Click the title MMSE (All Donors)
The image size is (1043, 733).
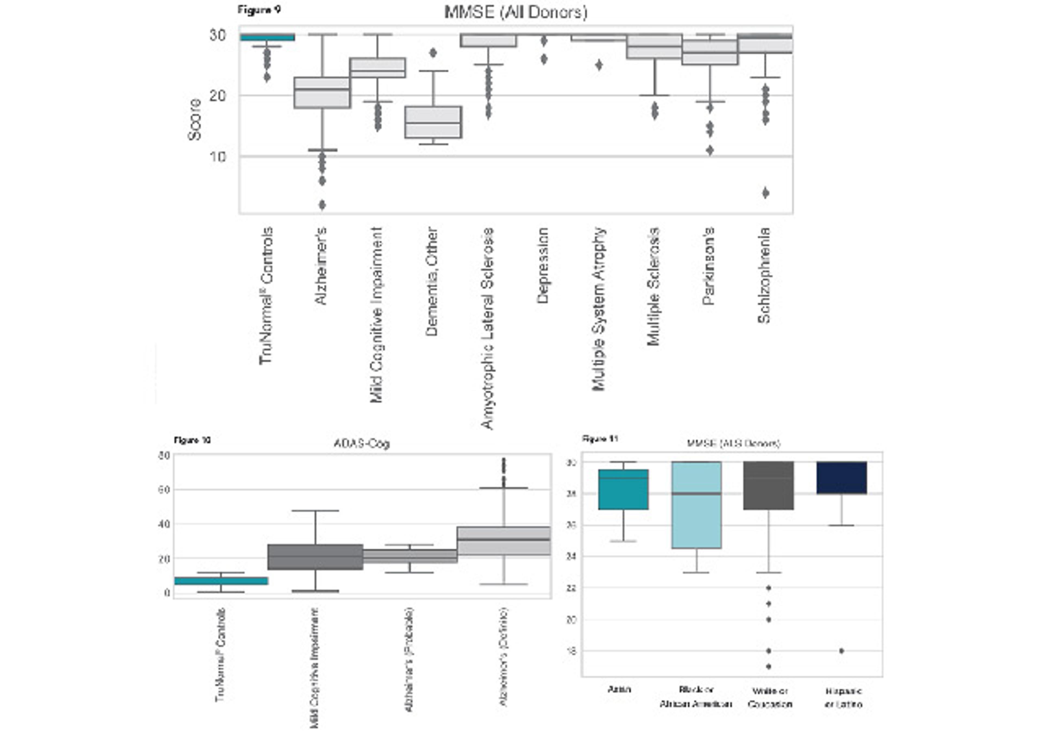pyautogui.click(x=516, y=12)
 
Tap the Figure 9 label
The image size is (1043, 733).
pyautogui.click(x=259, y=10)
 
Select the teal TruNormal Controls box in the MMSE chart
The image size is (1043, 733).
pyautogui.click(x=267, y=37)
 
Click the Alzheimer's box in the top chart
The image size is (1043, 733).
pyautogui.click(x=322, y=93)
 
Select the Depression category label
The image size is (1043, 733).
pyautogui.click(x=543, y=266)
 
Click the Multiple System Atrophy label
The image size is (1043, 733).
pyautogui.click(x=599, y=309)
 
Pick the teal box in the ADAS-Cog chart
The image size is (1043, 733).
pyautogui.click(x=221, y=581)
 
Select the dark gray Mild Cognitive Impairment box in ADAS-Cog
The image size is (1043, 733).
pyautogui.click(x=315, y=557)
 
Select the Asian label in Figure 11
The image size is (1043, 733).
pyautogui.click(x=619, y=689)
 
